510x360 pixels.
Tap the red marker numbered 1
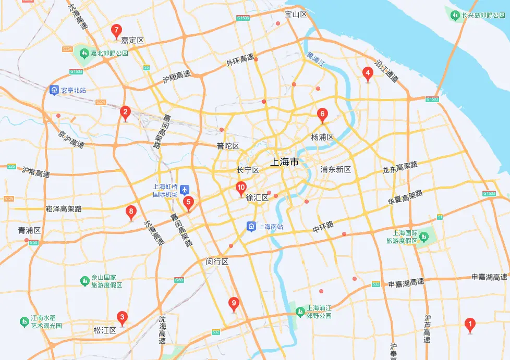click(470, 325)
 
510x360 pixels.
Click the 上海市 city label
click(285, 162)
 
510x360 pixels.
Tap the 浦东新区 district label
click(336, 170)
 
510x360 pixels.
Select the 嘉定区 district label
click(132, 40)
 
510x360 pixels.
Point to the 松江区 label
click(105, 330)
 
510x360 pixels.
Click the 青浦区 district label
click(29, 230)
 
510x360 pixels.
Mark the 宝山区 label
click(296, 15)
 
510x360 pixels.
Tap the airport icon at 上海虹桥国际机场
click(186, 190)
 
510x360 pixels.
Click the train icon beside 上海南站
click(251, 227)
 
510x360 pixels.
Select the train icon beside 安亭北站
click(54, 90)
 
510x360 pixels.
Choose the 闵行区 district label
click(217, 262)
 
